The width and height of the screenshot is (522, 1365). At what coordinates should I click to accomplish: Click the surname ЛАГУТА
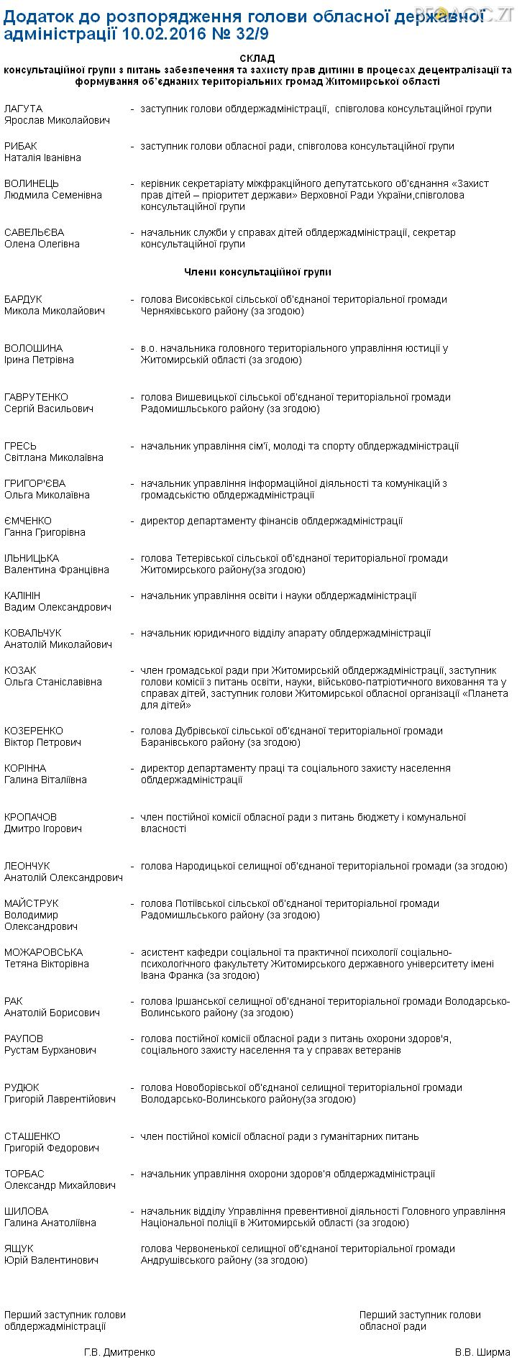click(x=23, y=109)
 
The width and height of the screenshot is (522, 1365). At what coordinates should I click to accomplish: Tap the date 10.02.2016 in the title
click(x=162, y=33)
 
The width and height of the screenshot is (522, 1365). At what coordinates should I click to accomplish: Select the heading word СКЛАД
click(x=257, y=58)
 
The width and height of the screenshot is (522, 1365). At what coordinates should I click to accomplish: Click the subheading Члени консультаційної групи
click(x=257, y=272)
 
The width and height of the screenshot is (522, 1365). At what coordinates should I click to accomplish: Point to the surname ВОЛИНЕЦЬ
click(x=32, y=183)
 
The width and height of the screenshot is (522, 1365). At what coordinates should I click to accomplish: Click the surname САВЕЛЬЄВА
click(x=34, y=232)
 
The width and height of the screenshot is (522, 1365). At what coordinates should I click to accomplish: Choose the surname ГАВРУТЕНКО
click(x=36, y=397)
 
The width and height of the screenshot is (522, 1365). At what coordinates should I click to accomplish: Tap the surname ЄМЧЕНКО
click(x=28, y=521)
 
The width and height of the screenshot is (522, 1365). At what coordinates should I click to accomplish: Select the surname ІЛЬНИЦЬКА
click(x=32, y=558)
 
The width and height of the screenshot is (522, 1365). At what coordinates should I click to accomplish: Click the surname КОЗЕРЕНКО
click(x=34, y=731)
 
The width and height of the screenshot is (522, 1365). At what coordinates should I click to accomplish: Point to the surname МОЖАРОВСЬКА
click(x=43, y=952)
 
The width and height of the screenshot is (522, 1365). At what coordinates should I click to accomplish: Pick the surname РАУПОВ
click(x=24, y=1038)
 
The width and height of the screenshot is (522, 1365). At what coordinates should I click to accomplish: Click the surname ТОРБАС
click(x=24, y=1174)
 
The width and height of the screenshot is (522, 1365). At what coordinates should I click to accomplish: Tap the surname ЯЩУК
click(x=19, y=1248)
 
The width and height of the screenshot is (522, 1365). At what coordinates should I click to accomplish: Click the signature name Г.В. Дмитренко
click(x=119, y=1352)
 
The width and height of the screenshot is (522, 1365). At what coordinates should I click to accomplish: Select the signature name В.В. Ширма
click(x=482, y=1352)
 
